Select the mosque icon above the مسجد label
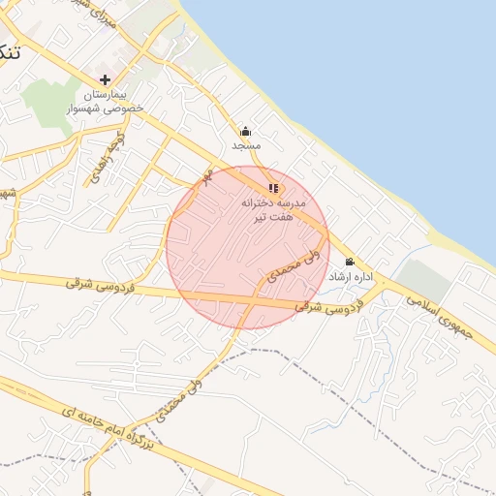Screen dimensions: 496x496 (x=246, y=132)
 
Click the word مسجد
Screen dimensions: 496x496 (x=246, y=145)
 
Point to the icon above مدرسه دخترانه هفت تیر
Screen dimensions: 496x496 (x=273, y=188)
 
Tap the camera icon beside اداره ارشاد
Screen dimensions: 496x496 (x=349, y=262)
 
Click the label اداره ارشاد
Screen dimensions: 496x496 (x=351, y=277)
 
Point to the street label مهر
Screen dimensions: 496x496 (x=205, y=177)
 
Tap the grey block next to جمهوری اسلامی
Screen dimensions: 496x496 (x=422, y=282)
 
